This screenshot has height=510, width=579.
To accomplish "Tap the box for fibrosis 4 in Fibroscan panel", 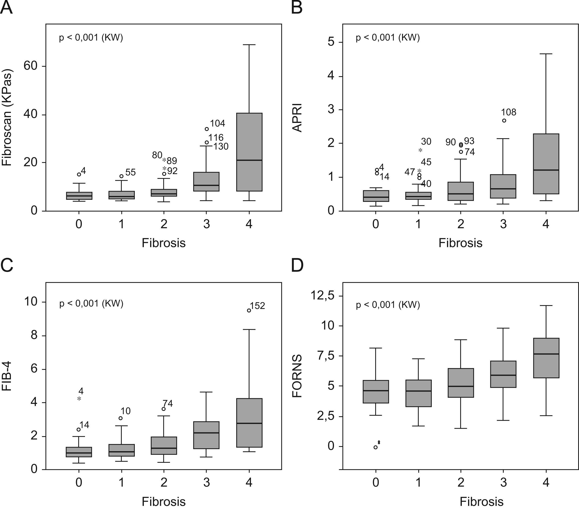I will [x=249, y=152].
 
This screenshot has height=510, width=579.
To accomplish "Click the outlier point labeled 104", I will [x=207, y=129].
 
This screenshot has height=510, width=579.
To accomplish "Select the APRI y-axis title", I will [x=297, y=118].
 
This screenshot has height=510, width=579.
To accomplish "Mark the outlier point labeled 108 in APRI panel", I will [x=504, y=120].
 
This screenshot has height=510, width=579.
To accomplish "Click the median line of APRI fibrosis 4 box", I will [x=546, y=170].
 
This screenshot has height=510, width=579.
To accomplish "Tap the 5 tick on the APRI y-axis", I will [x=331, y=42].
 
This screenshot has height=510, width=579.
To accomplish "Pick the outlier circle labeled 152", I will [x=249, y=310].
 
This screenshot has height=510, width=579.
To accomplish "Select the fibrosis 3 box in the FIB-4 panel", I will [x=207, y=435].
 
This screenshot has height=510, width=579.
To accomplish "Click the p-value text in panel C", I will [x=91, y=303].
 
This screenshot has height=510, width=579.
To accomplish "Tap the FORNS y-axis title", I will [x=297, y=376].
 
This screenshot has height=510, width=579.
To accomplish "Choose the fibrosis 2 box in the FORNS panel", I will [x=461, y=383].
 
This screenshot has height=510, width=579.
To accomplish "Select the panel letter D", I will [x=297, y=265].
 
